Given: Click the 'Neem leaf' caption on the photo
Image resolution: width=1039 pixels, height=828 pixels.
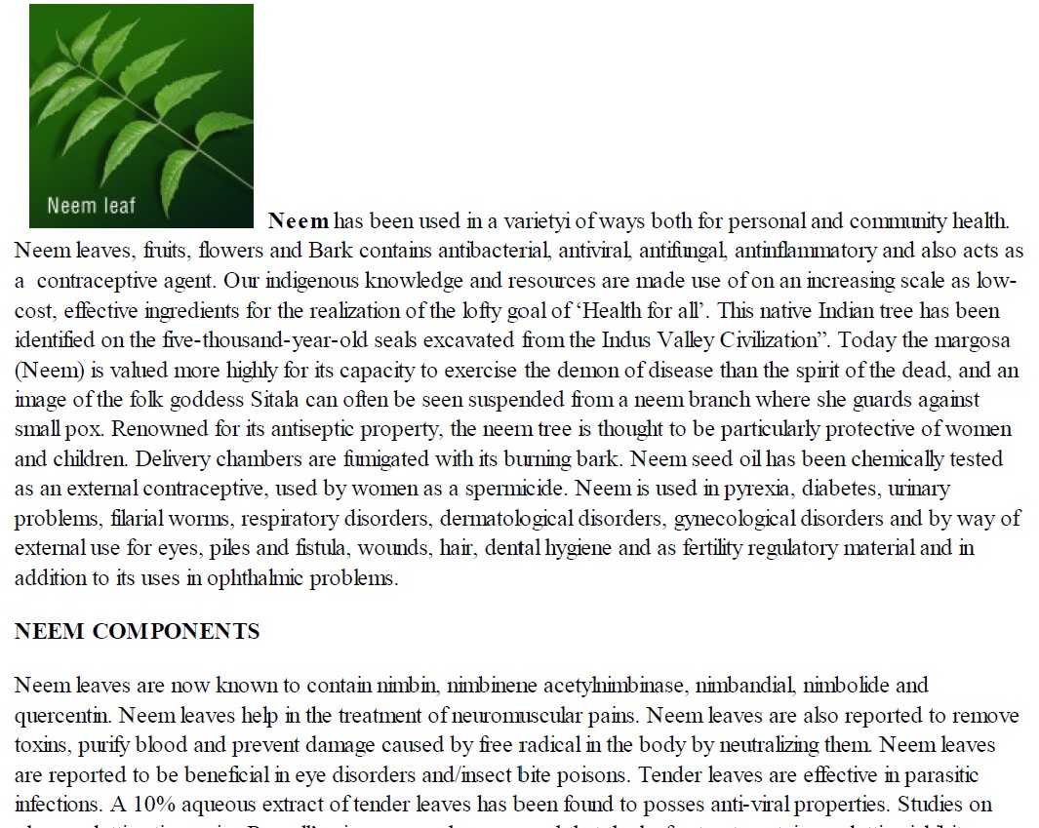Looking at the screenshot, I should pos(91,206).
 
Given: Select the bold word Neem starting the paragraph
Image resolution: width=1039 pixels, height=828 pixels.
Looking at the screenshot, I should pos(299,221).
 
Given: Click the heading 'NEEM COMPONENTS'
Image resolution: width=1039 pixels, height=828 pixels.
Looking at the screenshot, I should pos(138,632).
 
